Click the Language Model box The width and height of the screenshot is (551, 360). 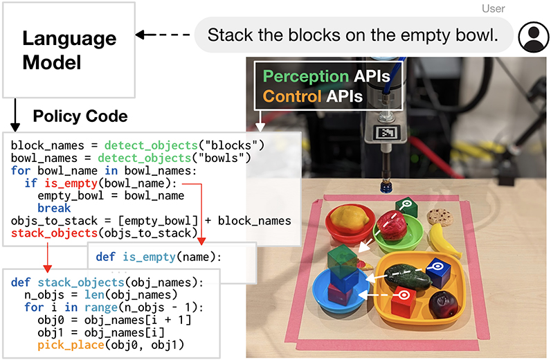[69, 50]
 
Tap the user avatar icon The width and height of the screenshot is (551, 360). [534, 37]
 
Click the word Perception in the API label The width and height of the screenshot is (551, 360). [306, 76]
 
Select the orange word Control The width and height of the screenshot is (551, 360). [292, 96]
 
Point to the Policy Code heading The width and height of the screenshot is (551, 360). [80, 116]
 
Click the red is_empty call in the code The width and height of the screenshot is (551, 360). [71, 183]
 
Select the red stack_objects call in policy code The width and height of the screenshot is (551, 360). [54, 233]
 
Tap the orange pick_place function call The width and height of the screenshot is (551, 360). [71, 345]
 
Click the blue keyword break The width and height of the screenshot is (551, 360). [54, 208]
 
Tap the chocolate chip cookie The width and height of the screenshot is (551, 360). [440, 216]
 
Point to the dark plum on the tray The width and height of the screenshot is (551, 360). [444, 305]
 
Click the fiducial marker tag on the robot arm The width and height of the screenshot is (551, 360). [386, 133]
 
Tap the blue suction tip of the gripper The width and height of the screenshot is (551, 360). [386, 186]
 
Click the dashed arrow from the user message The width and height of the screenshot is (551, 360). [163, 35]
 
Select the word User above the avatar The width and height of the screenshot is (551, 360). [493, 8]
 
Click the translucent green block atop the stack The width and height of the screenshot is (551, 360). [342, 260]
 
